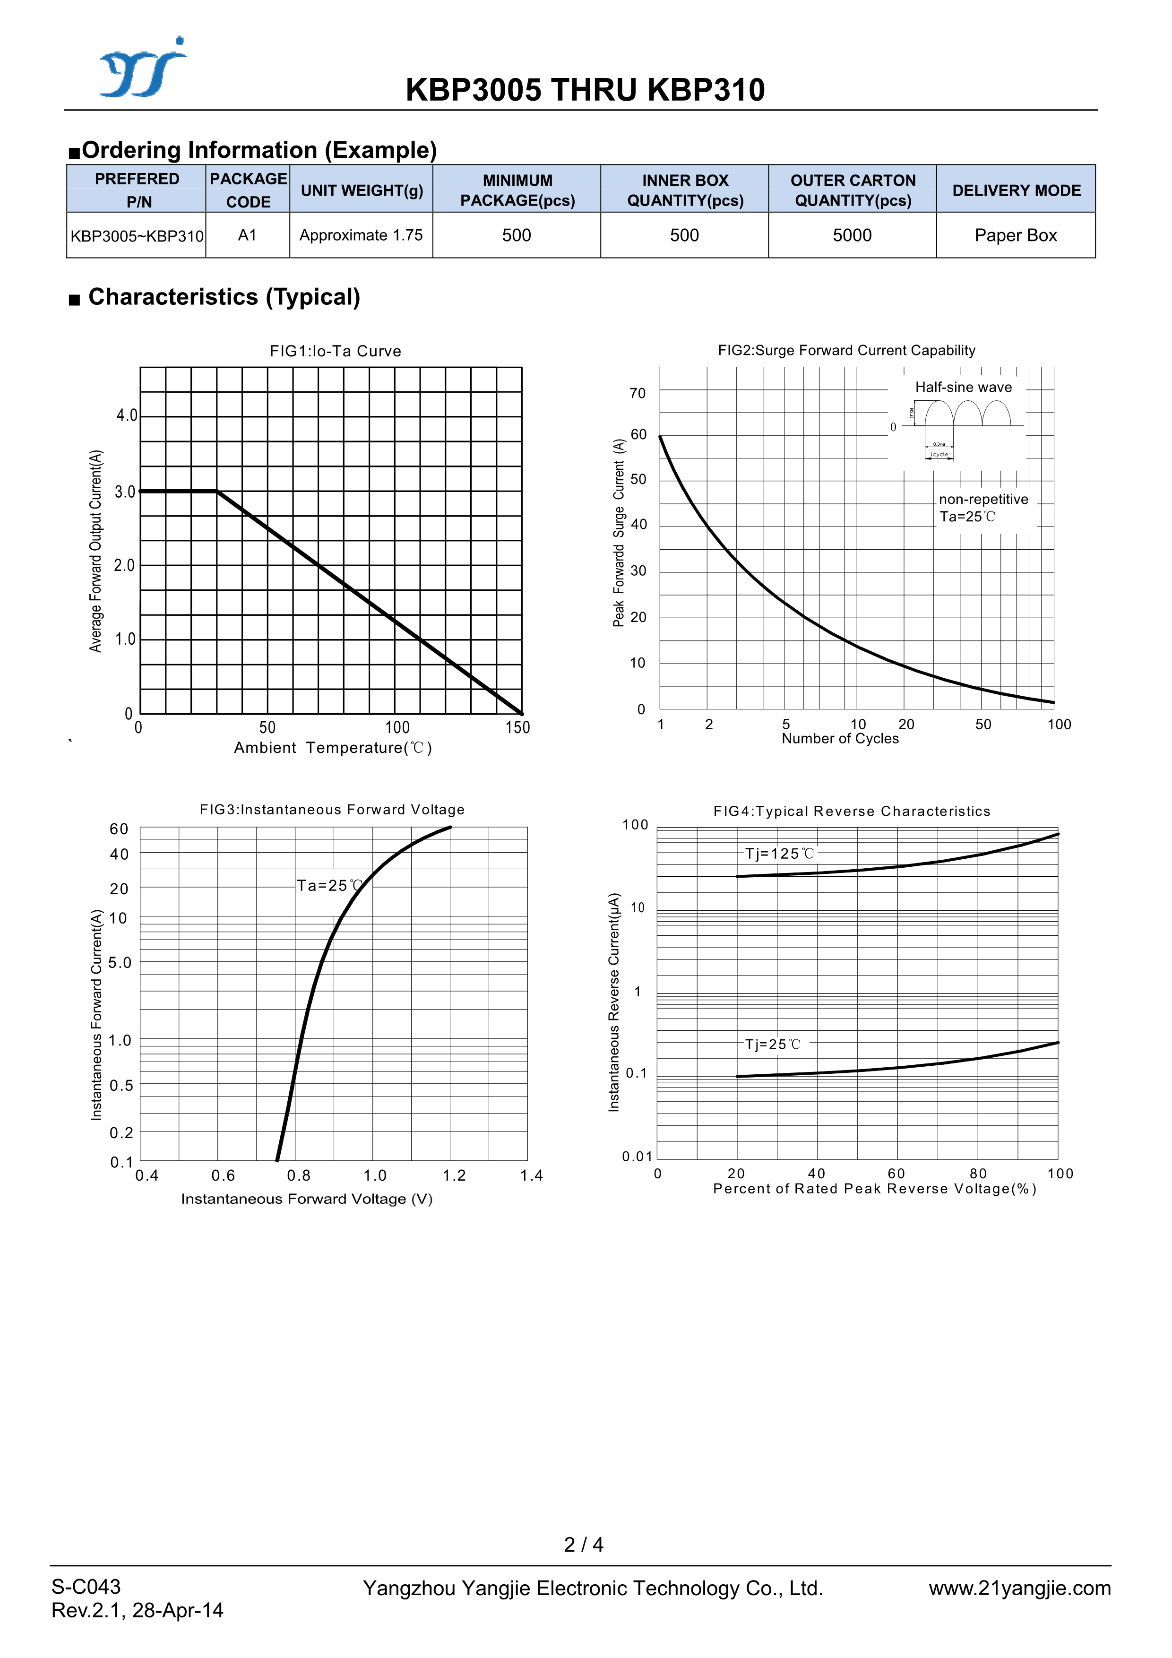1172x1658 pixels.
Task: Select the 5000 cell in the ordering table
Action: click(x=852, y=235)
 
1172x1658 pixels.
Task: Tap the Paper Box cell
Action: click(x=1015, y=235)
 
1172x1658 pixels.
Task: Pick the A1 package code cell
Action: click(x=247, y=235)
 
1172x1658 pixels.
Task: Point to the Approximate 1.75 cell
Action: click(x=361, y=235)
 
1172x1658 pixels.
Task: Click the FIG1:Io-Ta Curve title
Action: click(x=335, y=351)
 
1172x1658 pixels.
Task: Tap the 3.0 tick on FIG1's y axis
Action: click(x=125, y=492)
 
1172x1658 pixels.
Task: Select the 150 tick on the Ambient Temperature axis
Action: click(x=517, y=727)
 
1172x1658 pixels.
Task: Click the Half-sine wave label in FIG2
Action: click(x=963, y=387)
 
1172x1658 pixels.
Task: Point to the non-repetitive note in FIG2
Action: click(x=983, y=499)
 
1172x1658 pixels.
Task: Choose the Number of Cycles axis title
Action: click(x=840, y=739)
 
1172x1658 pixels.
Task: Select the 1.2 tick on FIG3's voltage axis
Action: click(x=454, y=1175)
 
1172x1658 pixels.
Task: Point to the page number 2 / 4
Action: click(x=584, y=1544)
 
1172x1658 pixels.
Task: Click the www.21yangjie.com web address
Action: click(x=1019, y=1588)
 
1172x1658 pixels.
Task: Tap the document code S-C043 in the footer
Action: click(x=86, y=1587)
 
